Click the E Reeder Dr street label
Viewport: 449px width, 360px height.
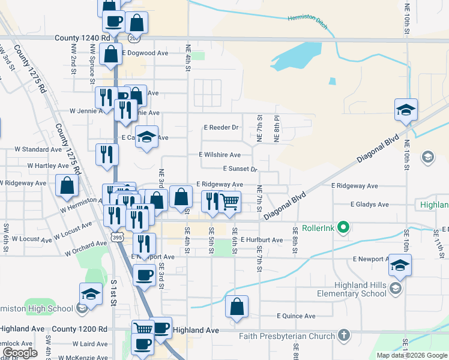221,128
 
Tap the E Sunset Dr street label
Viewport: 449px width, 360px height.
240,169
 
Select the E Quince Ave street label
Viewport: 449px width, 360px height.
296,316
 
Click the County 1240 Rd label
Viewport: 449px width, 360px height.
82,37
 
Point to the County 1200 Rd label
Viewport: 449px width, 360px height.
79,329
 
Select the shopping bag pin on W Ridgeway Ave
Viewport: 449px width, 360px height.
67,186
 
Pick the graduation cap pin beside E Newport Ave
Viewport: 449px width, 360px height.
400,266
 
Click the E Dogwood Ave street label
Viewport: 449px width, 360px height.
145,53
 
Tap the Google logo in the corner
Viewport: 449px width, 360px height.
20,352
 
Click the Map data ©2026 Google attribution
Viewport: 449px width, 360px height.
412,355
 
